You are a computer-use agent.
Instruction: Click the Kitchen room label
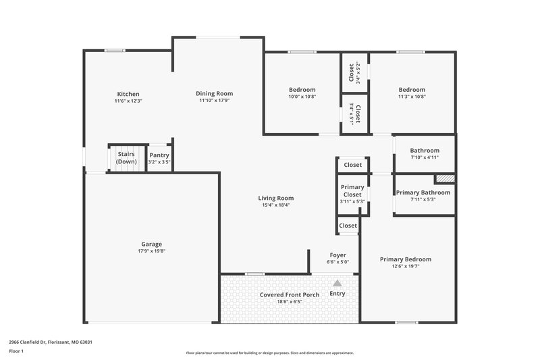tap(128, 94)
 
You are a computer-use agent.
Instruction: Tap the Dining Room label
tap(214, 93)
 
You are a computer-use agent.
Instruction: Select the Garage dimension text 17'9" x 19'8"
tap(151, 251)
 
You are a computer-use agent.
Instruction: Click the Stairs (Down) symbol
tap(126, 158)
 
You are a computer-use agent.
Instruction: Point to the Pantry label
tap(159, 155)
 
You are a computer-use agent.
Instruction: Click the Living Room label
tap(276, 198)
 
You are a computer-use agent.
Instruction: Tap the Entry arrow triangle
tap(337, 283)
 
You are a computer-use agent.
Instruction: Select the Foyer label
tap(337, 255)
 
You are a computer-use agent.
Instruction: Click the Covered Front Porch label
tap(290, 295)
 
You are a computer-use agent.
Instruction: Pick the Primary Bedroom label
tap(405, 259)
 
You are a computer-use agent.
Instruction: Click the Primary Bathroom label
tap(423, 192)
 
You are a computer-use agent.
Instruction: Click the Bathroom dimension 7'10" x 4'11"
tap(425, 157)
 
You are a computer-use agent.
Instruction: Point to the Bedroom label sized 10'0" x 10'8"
tap(302, 90)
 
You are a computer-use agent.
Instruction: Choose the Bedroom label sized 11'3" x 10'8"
tap(412, 90)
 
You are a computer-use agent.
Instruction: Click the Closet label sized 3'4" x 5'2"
tap(351, 72)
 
